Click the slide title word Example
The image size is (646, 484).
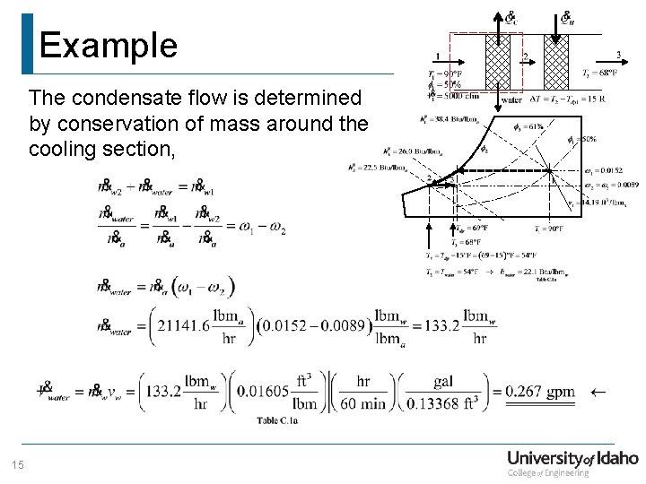[108, 45]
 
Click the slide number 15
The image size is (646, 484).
[16, 464]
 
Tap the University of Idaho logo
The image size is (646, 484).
[572, 463]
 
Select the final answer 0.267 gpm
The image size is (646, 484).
[539, 392]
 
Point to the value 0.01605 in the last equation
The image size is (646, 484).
[266, 391]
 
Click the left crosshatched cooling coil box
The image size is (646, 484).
[497, 61]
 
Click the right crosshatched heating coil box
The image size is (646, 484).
[556, 61]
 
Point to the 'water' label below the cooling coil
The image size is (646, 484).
[511, 99]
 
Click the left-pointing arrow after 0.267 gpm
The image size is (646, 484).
[598, 392]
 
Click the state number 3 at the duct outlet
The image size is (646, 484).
[617, 55]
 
